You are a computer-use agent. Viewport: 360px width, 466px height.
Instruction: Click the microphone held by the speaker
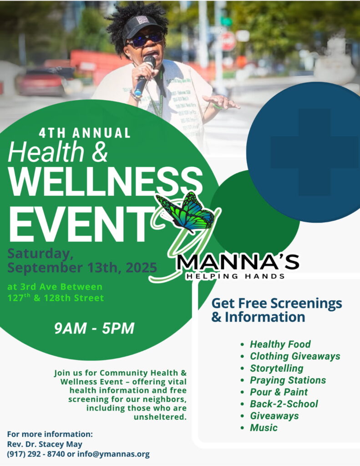click(145, 76)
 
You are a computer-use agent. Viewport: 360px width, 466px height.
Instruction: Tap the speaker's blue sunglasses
click(145, 40)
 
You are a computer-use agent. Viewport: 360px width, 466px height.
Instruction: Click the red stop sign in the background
click(228, 41)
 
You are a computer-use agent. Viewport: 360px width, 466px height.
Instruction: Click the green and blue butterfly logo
click(186, 212)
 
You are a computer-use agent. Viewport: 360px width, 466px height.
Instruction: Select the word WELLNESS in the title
click(106, 182)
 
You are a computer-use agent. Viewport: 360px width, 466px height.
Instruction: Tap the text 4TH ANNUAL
click(85, 133)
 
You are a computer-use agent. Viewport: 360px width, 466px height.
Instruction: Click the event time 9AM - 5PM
click(94, 329)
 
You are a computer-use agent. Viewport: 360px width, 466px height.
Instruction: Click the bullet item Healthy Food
click(280, 344)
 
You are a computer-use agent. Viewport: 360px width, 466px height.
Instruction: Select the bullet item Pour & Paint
click(279, 392)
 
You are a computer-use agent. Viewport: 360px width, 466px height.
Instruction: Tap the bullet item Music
click(264, 428)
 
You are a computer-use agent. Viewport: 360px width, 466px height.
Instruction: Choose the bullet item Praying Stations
click(288, 380)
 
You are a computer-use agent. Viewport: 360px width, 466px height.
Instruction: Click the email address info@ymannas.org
click(113, 454)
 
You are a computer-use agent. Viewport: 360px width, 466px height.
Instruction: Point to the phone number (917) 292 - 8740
click(35, 454)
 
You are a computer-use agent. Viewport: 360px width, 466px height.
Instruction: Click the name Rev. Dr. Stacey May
click(45, 444)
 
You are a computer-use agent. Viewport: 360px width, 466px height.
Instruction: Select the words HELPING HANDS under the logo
click(235, 276)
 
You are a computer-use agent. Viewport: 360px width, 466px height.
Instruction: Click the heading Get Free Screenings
click(276, 303)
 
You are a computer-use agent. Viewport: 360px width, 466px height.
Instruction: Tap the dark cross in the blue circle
click(314, 152)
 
